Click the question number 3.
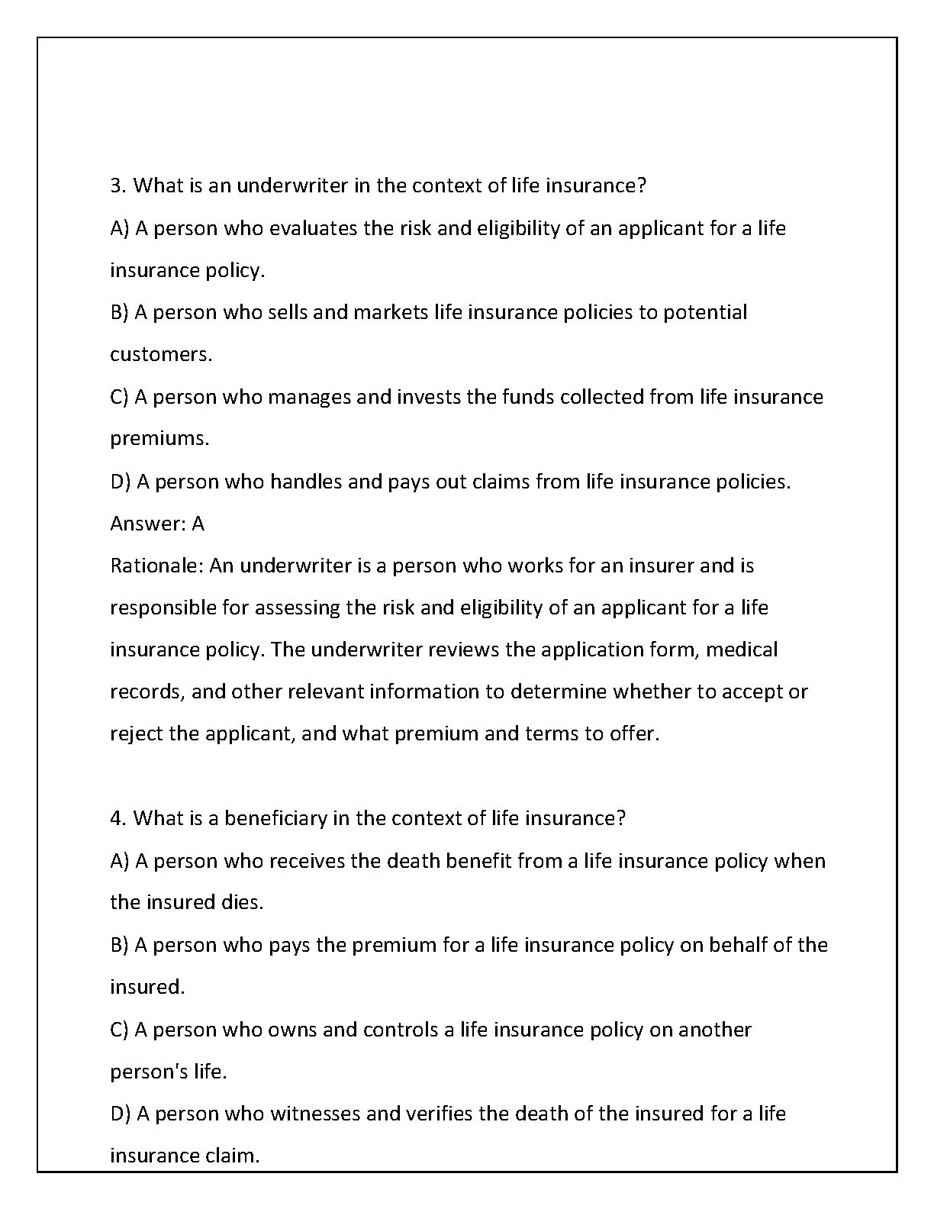pyautogui.click(x=117, y=185)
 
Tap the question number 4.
pyautogui.click(x=117, y=818)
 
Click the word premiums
pyautogui.click(x=159, y=439)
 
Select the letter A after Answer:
pyautogui.click(x=198, y=524)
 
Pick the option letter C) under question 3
pyautogui.click(x=119, y=397)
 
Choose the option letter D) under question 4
pyautogui.click(x=120, y=1114)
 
